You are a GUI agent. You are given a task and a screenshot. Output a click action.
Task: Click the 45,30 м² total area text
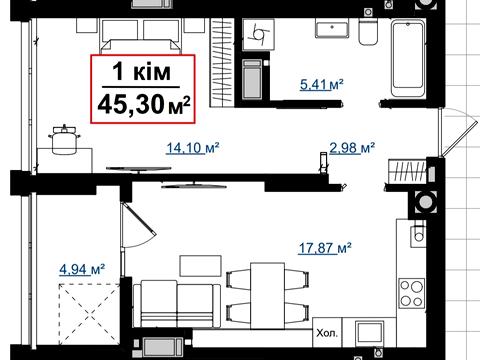[144, 104]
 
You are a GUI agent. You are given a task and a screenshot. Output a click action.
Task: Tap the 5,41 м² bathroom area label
[321, 85]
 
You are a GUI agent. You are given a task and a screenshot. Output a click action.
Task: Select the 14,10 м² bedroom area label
[193, 148]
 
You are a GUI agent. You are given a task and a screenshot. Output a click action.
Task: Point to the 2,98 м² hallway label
[352, 147]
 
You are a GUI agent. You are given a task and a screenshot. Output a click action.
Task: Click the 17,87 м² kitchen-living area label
[325, 248]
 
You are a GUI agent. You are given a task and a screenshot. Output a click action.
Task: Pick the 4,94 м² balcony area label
[82, 269]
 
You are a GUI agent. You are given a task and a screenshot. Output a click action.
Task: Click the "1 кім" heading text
[142, 72]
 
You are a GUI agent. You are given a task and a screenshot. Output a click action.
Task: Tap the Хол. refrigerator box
[327, 332]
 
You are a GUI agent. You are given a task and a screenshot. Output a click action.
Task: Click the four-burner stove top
[412, 292]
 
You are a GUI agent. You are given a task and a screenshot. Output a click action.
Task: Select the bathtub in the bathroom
[408, 59]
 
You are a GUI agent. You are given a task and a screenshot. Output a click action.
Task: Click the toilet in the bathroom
[368, 32]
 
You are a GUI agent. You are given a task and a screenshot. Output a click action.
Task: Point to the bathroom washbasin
[332, 28]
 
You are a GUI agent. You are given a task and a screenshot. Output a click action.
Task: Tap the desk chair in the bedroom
[65, 139]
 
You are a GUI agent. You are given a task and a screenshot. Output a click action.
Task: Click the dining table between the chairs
[267, 296]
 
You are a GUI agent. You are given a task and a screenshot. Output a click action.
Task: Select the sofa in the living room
[177, 303]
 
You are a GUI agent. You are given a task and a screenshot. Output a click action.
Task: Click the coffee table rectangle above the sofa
[200, 266]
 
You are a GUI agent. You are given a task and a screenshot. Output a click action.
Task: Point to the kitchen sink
[418, 233]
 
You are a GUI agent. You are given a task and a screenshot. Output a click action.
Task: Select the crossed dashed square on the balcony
[89, 314]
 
